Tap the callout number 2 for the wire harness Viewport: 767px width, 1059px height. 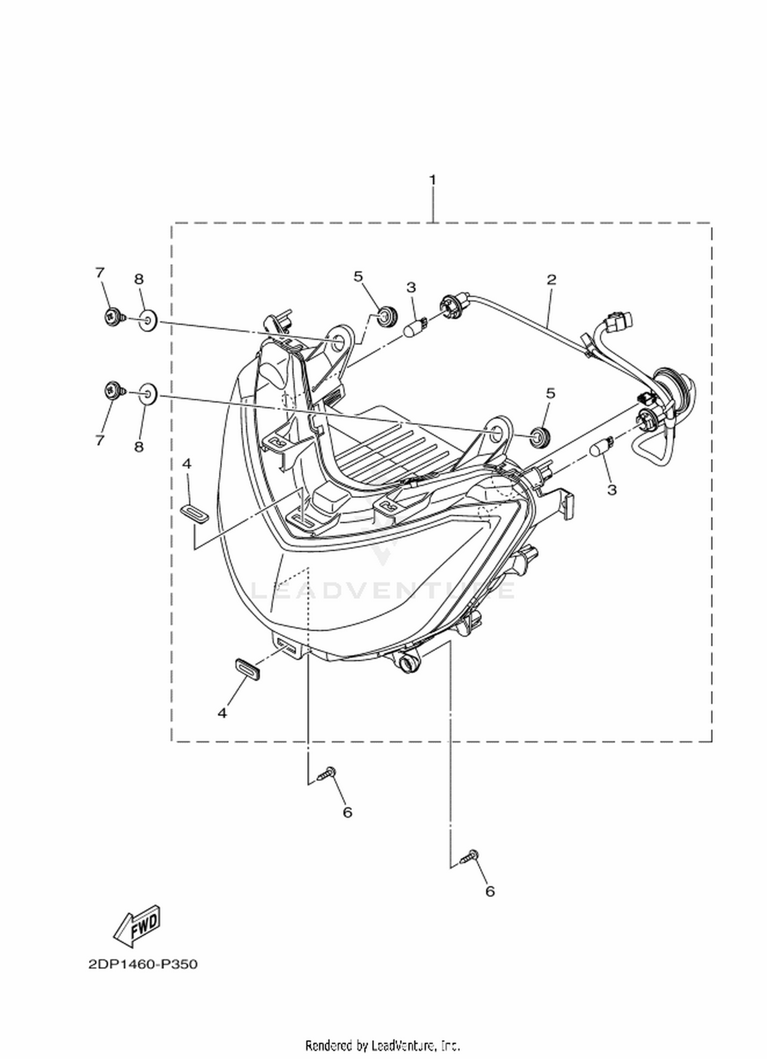(x=551, y=280)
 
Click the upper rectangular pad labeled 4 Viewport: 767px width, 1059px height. (x=194, y=513)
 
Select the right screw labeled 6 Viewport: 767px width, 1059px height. (x=469, y=856)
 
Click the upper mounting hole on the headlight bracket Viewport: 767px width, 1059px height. (x=338, y=343)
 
